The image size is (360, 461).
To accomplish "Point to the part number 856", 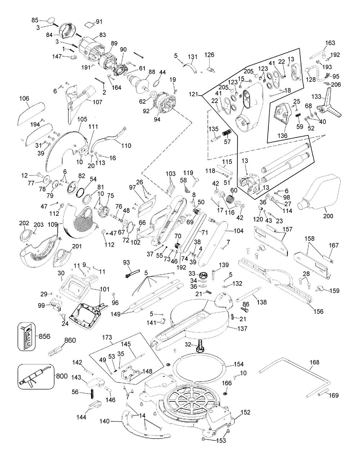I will coord(44,336).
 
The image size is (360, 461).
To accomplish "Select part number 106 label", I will coord(24,98).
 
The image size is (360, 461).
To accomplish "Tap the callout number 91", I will coord(99,22).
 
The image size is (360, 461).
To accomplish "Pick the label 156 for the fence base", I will coord(318,311).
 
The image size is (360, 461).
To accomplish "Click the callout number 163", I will coord(330,43).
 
